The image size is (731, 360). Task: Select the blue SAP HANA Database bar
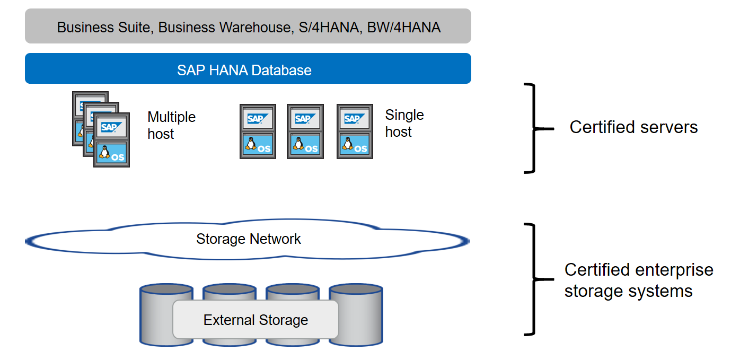coord(248,69)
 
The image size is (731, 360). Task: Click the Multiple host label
coord(171,125)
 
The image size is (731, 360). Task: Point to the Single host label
coord(404,123)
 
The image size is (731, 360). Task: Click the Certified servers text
coord(633,127)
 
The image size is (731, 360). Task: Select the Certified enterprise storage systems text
coord(638,280)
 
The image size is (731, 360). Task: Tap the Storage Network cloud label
coord(248,239)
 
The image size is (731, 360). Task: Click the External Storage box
coord(256,320)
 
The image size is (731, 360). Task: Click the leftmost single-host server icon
coord(258,131)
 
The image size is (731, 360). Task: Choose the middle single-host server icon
coord(305,131)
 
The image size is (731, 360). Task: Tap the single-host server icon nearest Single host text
coord(354,131)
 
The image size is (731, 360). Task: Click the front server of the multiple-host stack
coord(111,141)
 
